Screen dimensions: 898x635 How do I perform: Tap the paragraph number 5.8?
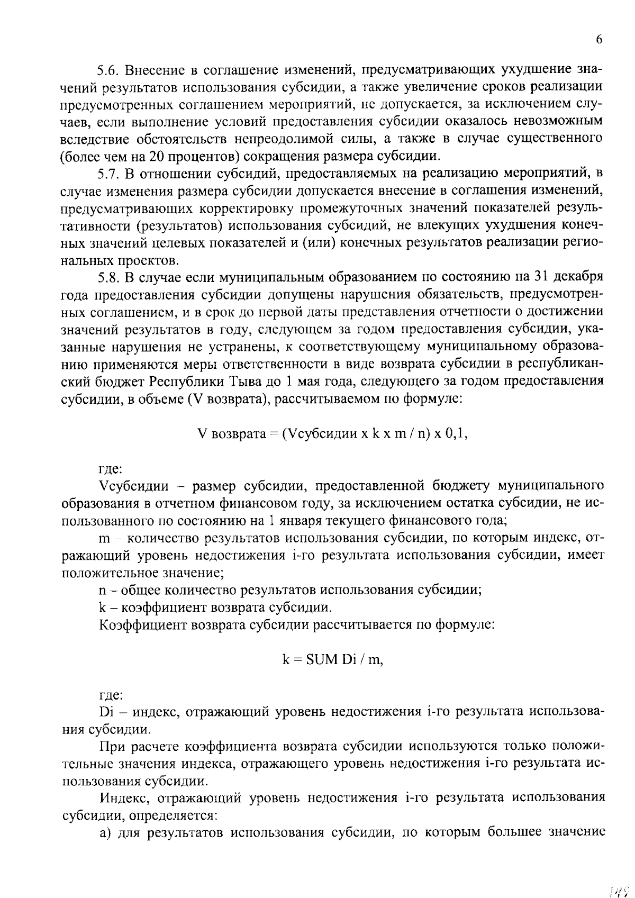tap(110, 277)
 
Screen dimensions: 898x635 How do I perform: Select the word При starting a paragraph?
tap(111, 746)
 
